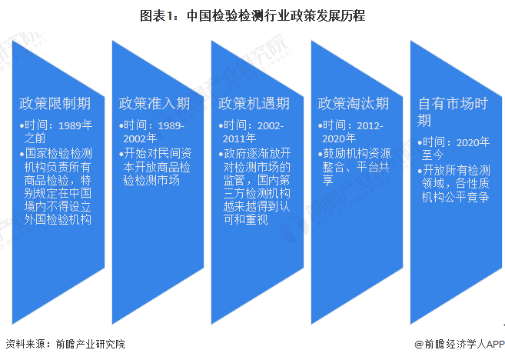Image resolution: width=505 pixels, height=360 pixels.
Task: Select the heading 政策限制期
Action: pyautogui.click(x=55, y=103)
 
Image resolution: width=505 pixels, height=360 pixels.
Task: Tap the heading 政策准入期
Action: pyautogui.click(x=154, y=103)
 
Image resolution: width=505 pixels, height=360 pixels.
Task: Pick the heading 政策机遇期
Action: pyautogui.click(x=254, y=103)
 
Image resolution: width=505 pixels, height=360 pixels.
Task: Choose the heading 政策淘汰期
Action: pyautogui.click(x=353, y=103)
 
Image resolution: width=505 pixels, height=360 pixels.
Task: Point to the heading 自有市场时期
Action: pyautogui.click(x=453, y=112)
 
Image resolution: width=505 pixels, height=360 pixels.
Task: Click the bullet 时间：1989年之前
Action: pyautogui.click(x=57, y=132)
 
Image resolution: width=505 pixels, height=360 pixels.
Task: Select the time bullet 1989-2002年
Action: pyautogui.click(x=154, y=132)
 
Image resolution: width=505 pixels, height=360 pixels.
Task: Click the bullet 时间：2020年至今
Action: pyautogui.click(x=453, y=148)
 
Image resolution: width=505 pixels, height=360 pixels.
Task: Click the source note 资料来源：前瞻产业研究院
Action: pyautogui.click(x=65, y=344)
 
